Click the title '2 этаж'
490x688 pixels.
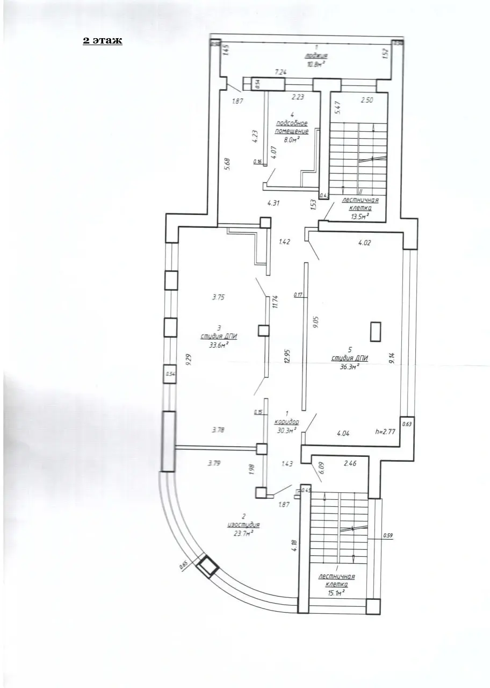102,41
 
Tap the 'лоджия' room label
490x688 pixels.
316,56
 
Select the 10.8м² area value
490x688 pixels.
316,64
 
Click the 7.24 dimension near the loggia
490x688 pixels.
281,71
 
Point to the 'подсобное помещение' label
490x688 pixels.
292,127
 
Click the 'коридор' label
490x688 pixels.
286,422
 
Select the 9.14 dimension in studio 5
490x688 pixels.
392,359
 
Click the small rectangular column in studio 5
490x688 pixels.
376,331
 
